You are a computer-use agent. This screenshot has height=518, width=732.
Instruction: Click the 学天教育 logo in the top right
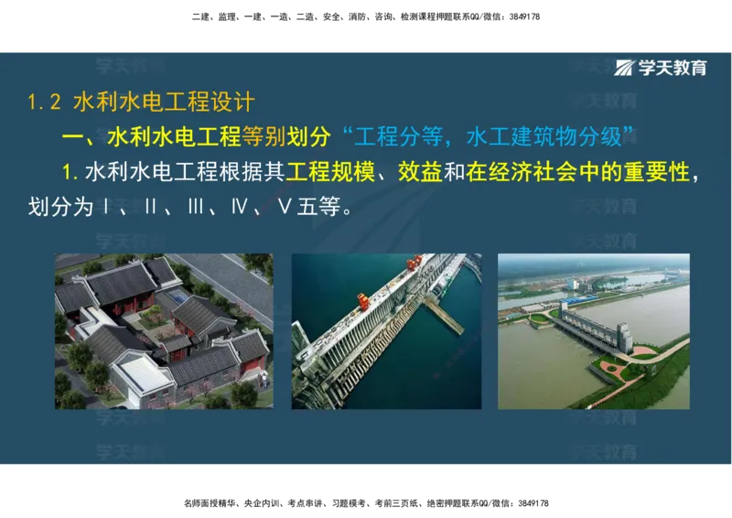(662, 68)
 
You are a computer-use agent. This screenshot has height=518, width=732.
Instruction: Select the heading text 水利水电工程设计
(164, 102)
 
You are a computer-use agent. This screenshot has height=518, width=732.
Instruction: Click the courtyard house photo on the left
(164, 330)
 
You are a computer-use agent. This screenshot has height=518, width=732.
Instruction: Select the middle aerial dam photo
(386, 330)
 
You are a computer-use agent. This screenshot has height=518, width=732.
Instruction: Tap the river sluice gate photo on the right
(593, 330)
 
